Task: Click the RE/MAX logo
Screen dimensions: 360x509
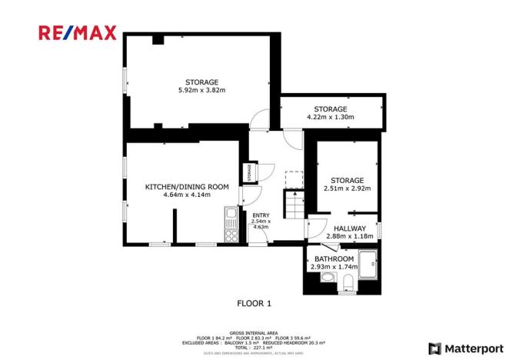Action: click(x=78, y=32)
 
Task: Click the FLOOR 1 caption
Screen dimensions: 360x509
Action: click(x=254, y=303)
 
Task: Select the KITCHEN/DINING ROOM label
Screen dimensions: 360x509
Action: click(x=188, y=187)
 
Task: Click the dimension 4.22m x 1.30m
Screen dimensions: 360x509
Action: click(x=330, y=118)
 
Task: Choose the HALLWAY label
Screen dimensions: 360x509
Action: click(x=350, y=228)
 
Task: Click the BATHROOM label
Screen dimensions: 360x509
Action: click(x=333, y=258)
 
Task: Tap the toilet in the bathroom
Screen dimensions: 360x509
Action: click(x=347, y=282)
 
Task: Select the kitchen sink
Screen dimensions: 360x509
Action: click(x=230, y=212)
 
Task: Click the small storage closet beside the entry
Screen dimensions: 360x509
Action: click(x=248, y=173)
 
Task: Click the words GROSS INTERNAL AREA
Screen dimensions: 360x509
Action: click(x=254, y=332)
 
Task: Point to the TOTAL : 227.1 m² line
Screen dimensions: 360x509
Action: click(x=254, y=348)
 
